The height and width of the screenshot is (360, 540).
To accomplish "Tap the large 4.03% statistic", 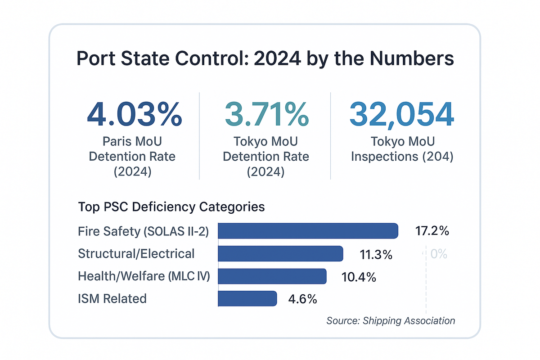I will click(134, 114).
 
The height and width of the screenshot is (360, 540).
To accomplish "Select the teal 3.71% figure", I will click(266, 114).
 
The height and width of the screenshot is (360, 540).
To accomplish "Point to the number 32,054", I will click(401, 114).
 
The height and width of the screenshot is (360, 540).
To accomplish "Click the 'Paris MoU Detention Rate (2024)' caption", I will click(132, 157).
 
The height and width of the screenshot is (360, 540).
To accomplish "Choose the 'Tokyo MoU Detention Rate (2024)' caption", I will click(266, 157).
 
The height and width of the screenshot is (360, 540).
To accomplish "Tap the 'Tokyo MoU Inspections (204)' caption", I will click(402, 149).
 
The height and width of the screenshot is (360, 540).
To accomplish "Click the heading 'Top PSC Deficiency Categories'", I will click(171, 207).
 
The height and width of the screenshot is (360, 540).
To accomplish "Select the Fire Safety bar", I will click(308, 231).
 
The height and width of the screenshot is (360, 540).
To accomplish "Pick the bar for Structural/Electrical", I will click(280, 254).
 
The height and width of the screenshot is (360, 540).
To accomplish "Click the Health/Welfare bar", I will click(272, 276).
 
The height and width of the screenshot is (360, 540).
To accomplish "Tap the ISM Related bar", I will click(247, 299).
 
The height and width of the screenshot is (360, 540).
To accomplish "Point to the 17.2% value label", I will click(432, 231).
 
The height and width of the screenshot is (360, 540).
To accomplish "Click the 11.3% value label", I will click(376, 254).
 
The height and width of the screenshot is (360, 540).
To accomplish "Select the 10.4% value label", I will click(359, 277).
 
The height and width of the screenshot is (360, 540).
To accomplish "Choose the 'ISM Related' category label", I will click(112, 299).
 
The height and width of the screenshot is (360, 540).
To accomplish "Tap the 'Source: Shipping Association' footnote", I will click(391, 321).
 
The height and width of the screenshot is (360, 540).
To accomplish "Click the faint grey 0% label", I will click(438, 254).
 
